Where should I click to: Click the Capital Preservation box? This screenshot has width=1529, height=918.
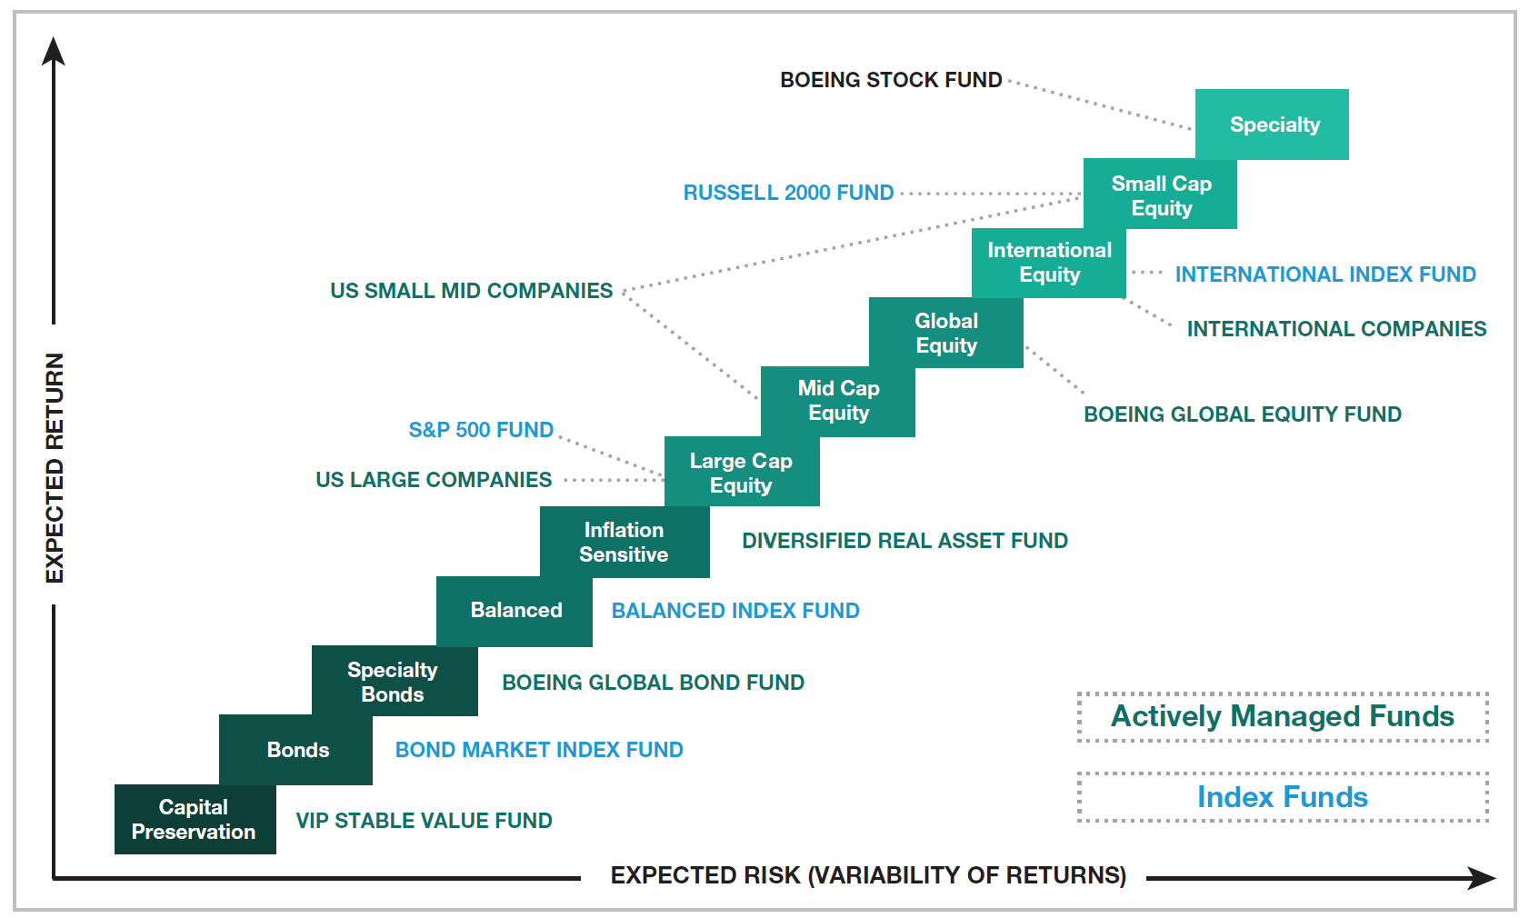pyautogui.click(x=195, y=819)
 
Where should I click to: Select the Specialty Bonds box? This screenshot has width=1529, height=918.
pyautogui.click(x=394, y=682)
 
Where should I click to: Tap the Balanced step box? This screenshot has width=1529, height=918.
pyautogui.click(x=515, y=610)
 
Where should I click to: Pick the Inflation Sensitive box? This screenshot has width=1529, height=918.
pyautogui.click(x=624, y=542)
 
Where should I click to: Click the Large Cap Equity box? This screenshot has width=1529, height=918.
pyautogui.click(x=741, y=473)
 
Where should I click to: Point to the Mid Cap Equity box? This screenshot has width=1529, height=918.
pyautogui.click(x=838, y=401)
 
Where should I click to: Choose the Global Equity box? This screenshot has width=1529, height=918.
pyautogui.click(x=946, y=333)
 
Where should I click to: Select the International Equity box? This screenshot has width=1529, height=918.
pyautogui.click(x=1049, y=263)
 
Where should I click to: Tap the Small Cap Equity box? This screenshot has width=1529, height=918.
pyautogui.click(x=1161, y=195)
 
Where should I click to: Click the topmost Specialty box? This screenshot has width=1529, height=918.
pyautogui.click(x=1273, y=125)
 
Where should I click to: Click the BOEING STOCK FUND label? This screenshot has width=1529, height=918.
pyautogui.click(x=891, y=80)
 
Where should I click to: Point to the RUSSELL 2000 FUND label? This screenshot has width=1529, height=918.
pyautogui.click(x=788, y=193)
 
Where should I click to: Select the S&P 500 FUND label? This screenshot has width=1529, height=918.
pyautogui.click(x=481, y=430)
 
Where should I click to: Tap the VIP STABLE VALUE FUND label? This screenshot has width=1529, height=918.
pyautogui.click(x=424, y=821)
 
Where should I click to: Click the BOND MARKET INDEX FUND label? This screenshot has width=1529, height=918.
pyautogui.click(x=539, y=750)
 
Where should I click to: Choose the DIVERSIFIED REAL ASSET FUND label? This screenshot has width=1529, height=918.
pyautogui.click(x=904, y=541)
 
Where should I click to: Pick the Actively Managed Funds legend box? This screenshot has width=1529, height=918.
pyautogui.click(x=1282, y=717)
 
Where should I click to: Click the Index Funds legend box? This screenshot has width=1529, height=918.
pyautogui.click(x=1282, y=797)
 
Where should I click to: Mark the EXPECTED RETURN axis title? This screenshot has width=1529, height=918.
pyautogui.click(x=55, y=467)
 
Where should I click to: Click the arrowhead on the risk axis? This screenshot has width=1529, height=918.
pyautogui.click(x=1482, y=878)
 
